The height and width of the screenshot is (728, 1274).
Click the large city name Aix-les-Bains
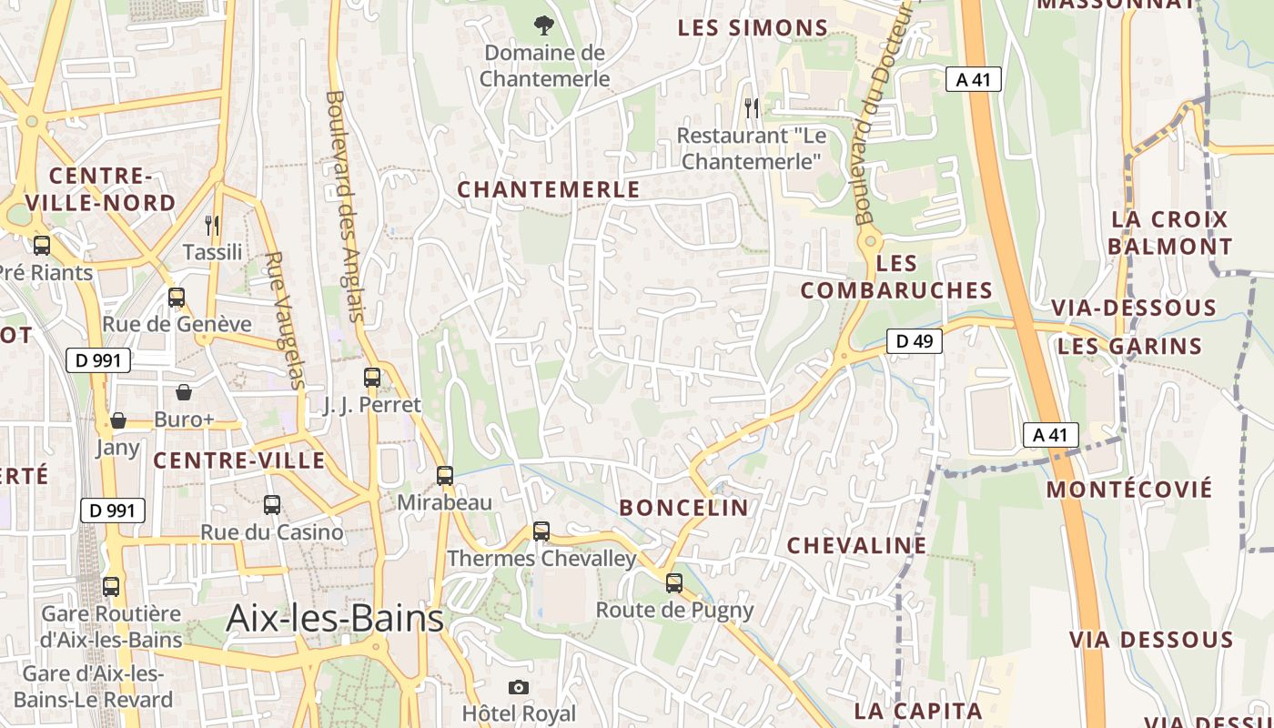tap(335, 619)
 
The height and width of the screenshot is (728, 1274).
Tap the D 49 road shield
tap(915, 341)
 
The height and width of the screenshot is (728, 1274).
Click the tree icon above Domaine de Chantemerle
tap(544, 25)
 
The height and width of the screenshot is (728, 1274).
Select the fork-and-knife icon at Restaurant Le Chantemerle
tap(752, 108)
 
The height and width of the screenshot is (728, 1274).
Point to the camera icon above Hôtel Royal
tap(519, 687)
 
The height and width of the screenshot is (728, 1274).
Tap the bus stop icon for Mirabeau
tap(445, 475)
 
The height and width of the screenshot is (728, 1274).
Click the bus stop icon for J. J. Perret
tap(372, 377)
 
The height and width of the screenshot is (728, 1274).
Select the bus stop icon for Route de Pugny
tap(674, 582)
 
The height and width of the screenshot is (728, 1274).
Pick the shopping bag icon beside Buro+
tap(184, 392)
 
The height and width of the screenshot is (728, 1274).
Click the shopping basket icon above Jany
tap(118, 420)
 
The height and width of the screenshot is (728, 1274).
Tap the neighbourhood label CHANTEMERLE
tap(549, 189)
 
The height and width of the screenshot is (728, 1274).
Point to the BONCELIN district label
tap(684, 508)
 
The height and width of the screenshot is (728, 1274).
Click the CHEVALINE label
tap(856, 545)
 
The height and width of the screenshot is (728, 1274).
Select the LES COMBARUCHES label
tap(896, 277)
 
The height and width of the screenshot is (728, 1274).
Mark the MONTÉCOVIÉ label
tap(1129, 489)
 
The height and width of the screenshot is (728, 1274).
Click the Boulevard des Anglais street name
tap(345, 206)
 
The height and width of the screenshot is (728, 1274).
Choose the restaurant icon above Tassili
tap(212, 225)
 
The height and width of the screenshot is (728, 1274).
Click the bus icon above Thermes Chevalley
tap(541, 531)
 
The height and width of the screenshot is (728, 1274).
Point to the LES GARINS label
tap(1129, 346)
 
